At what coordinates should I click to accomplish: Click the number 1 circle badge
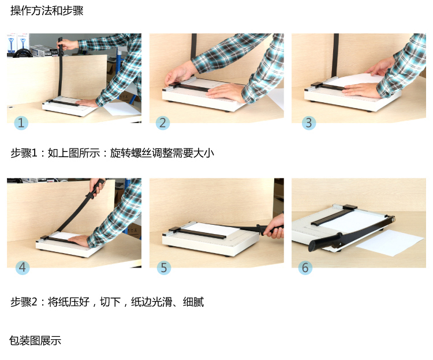tap(21, 123)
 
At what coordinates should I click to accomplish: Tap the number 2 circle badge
tap(163, 123)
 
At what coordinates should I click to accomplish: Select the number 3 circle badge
tap(309, 123)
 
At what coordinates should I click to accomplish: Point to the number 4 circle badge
tap(23, 268)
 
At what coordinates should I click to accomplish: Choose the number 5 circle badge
tap(164, 268)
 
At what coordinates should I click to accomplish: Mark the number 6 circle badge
tap(305, 268)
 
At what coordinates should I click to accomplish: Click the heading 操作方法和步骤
tap(47, 11)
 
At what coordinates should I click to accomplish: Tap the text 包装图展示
tap(35, 340)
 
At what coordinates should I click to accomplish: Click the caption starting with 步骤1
tap(112, 153)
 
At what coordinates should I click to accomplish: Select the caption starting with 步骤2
tap(107, 302)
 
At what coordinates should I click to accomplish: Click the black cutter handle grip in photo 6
tap(326, 241)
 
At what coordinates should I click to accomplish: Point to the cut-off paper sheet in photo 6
tap(390, 243)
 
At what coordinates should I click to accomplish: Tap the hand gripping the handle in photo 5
tap(274, 227)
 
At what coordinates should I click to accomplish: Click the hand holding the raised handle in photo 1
tap(68, 44)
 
